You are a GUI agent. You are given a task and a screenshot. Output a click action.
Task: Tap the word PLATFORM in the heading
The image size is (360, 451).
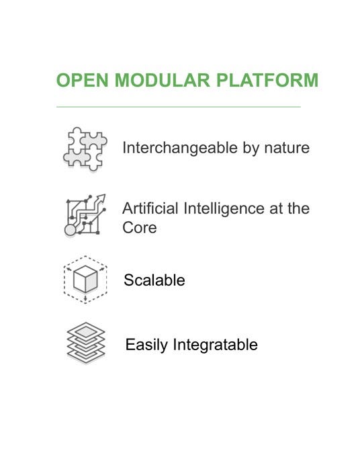pyautogui.click(x=267, y=80)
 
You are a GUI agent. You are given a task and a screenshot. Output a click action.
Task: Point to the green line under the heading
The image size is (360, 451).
pyautogui.click(x=179, y=107)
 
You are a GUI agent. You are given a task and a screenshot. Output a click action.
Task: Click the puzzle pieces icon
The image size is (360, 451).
pyautogui.click(x=85, y=149)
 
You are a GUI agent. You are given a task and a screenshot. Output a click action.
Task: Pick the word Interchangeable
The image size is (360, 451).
pyautogui.click(x=180, y=148)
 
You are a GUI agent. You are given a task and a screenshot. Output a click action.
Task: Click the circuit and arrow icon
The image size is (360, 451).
pyautogui.click(x=85, y=215)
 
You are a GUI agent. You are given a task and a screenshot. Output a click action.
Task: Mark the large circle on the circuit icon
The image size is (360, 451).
pyautogui.click(x=70, y=230)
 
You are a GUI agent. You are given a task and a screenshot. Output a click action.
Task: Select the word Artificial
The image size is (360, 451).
pyautogui.click(x=150, y=208)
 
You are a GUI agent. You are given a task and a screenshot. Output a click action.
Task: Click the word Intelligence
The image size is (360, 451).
pyautogui.click(x=224, y=209)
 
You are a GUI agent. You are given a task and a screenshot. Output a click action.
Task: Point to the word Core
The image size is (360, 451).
pyautogui.click(x=140, y=228)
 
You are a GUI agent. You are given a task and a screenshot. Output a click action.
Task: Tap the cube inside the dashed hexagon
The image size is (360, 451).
pyautogui.click(x=85, y=279)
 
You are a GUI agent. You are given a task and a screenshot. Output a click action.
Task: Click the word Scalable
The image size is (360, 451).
pyautogui.click(x=154, y=280)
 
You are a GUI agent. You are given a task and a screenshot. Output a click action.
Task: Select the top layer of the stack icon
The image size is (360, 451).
pyautogui.click(x=85, y=332)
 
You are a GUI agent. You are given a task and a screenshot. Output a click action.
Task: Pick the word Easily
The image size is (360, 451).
pyautogui.click(x=146, y=345)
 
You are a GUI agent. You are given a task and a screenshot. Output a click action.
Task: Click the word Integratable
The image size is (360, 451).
pyautogui.click(x=216, y=345)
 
